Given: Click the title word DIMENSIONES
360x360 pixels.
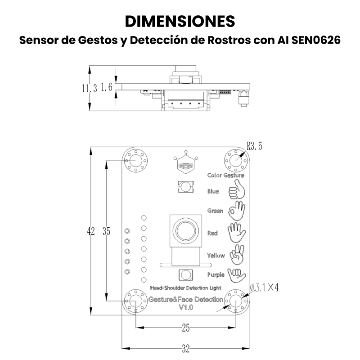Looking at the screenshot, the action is [180, 21].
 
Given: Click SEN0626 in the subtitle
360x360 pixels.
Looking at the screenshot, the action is [316, 40].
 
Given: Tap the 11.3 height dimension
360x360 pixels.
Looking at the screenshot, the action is [90, 88].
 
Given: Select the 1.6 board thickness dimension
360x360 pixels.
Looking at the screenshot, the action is [107, 87].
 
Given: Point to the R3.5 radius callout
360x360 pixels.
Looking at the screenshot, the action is [254, 146].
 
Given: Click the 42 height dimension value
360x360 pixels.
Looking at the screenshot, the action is [91, 231].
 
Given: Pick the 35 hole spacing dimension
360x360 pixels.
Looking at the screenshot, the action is [107, 231].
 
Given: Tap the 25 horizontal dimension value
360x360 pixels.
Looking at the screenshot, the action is [186, 328].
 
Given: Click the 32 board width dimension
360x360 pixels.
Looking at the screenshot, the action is [186, 349].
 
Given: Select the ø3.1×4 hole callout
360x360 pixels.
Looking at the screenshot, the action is [264, 288].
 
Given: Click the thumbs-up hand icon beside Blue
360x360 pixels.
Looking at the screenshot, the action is [237, 189].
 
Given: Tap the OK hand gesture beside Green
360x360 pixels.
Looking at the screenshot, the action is [237, 211].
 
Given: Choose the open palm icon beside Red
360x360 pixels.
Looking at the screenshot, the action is [237, 232].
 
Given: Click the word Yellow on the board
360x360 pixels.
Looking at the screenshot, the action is [216, 255].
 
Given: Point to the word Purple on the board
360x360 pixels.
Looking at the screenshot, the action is [216, 275].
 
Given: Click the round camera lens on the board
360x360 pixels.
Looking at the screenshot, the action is [186, 230].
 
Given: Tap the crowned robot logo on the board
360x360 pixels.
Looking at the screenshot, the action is [186, 162].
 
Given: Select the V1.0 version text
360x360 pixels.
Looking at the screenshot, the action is [186, 307].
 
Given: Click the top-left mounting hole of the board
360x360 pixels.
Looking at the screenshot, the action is [136, 161].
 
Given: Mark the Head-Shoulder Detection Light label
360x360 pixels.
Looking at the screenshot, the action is [186, 288].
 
